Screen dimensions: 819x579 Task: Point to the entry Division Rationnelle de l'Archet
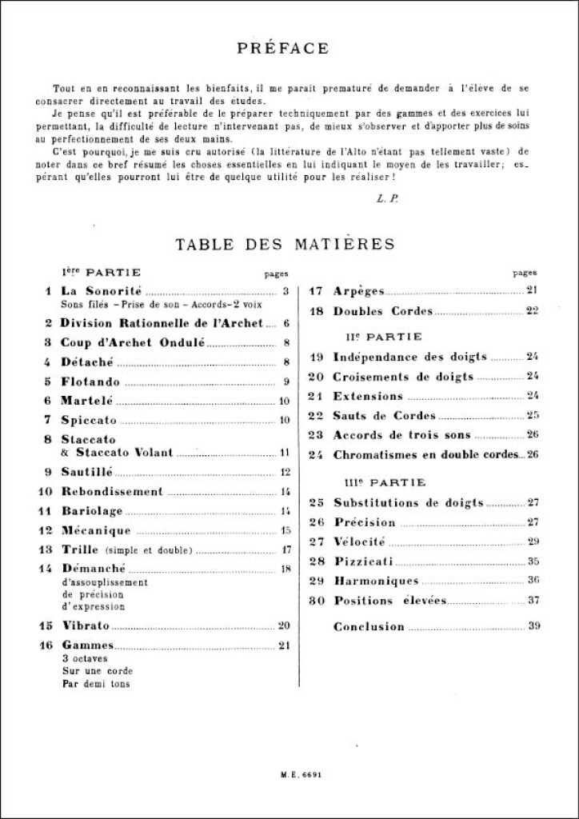(162, 323)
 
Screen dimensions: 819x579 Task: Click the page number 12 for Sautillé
(284, 472)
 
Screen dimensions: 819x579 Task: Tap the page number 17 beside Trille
(284, 549)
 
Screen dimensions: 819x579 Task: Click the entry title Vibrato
(85, 625)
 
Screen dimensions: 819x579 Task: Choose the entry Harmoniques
(376, 581)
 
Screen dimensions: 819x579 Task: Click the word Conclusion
(369, 626)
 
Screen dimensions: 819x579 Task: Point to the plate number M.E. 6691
(289, 773)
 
